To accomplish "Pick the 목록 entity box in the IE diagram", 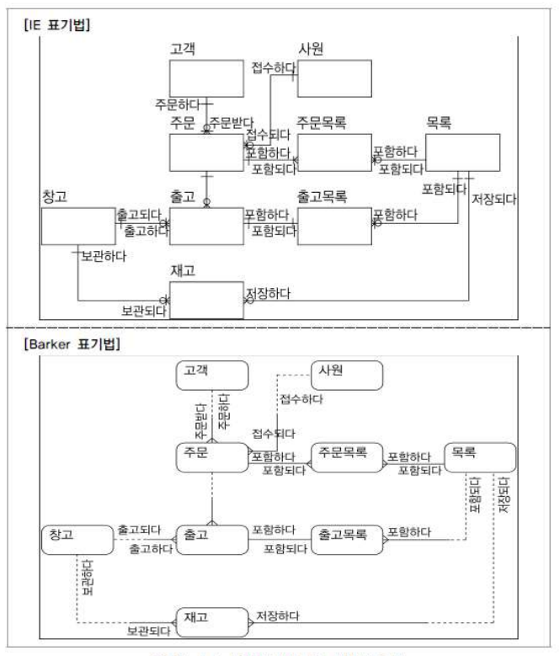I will pos(462,152).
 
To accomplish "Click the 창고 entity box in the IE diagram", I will pos(78,226).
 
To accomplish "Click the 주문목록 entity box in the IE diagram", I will pos(333,152).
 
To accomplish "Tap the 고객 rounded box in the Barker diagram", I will pos(212,376).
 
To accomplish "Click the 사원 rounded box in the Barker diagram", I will pos(346,376).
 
